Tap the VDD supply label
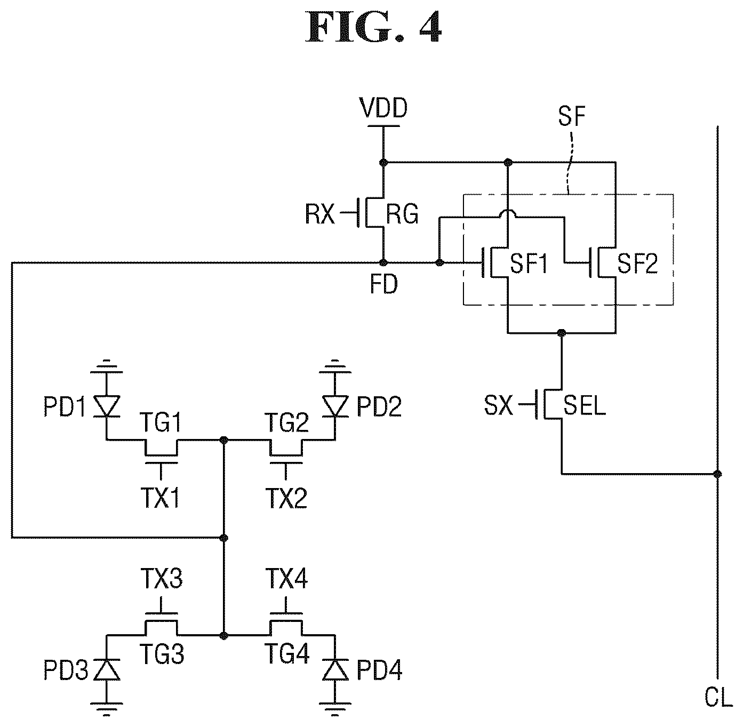point(383,108)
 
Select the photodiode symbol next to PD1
point(107,406)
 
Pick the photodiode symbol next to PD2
point(335,406)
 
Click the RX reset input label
point(319,214)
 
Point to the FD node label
point(384,284)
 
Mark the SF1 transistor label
point(529,263)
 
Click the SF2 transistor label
point(637,263)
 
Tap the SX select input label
point(498,405)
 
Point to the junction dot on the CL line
point(718,474)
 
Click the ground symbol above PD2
point(335,366)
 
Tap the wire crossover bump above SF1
point(508,213)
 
